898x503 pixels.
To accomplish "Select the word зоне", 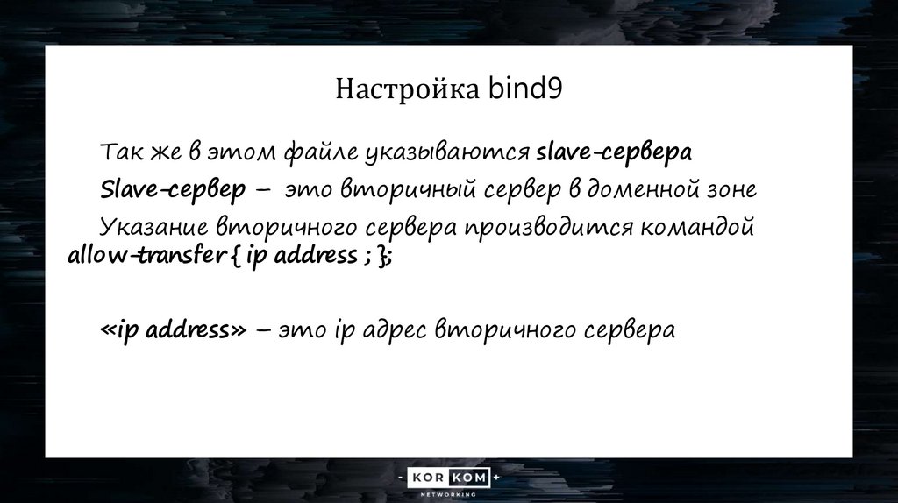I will [x=732, y=189].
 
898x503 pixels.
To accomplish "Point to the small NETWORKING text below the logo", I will [x=449, y=494].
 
